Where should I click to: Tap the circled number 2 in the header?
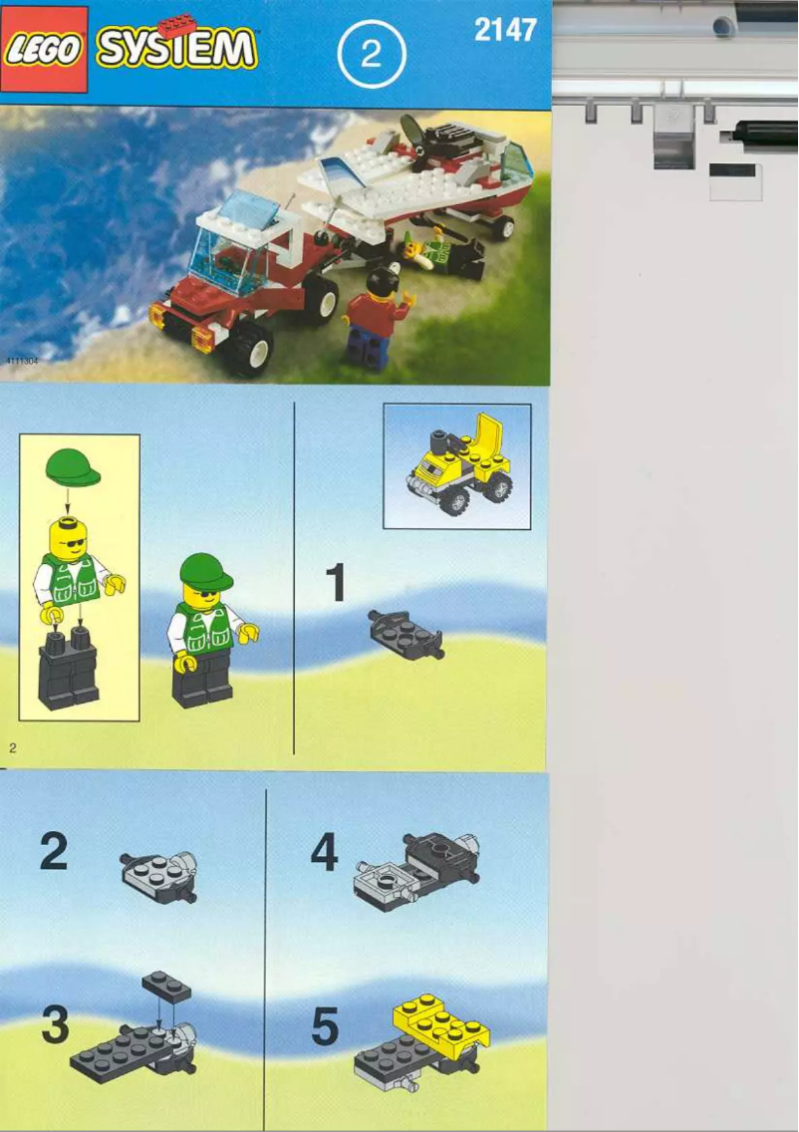(371, 55)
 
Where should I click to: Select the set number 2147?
(505, 31)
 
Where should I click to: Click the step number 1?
(336, 583)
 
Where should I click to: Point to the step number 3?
(56, 1026)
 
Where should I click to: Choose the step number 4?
(324, 853)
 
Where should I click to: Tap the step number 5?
(325, 1027)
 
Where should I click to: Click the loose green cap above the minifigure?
(73, 466)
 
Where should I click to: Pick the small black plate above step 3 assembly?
(166, 987)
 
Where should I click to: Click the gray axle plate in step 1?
(404, 633)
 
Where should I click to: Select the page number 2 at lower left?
(12, 746)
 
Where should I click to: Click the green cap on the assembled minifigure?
(205, 572)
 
